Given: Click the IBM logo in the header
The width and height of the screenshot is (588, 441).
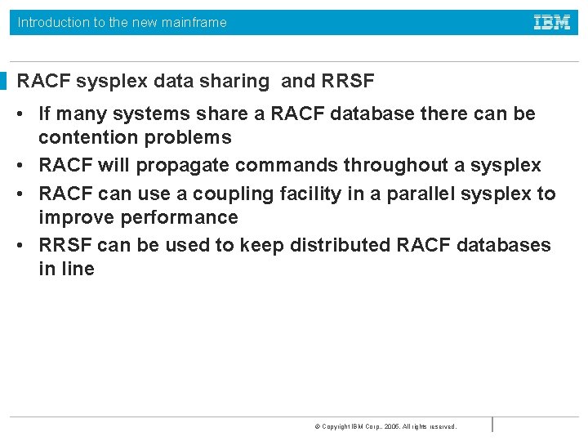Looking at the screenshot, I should click(x=552, y=22).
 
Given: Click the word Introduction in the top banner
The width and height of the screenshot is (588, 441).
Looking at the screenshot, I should click(x=54, y=23).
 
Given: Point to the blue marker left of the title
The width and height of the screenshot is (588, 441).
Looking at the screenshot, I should click(x=3, y=81).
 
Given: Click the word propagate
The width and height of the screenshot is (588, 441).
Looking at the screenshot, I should click(x=185, y=166).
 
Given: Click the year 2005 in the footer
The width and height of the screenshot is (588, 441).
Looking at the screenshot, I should click(x=392, y=426).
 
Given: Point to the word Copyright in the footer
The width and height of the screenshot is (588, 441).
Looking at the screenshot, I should click(x=336, y=426).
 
